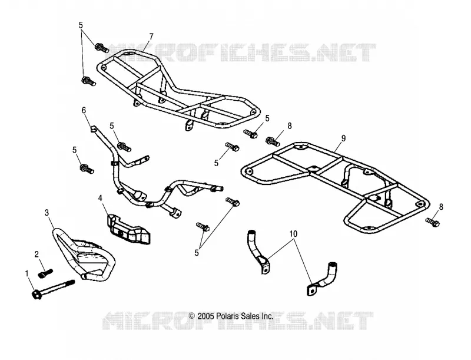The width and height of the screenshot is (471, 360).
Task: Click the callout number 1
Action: click(x=27, y=274)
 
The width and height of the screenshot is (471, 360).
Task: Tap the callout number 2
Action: click(x=37, y=255)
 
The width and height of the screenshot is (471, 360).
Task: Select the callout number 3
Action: click(x=47, y=213)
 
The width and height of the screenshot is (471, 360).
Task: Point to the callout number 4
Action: click(x=101, y=198)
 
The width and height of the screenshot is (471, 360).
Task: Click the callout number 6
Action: click(x=84, y=110)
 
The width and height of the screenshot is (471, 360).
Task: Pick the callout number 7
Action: click(x=151, y=37)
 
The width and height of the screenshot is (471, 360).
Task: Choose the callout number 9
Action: click(x=343, y=138)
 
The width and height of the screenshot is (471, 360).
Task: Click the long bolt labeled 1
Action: click(x=52, y=288)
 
